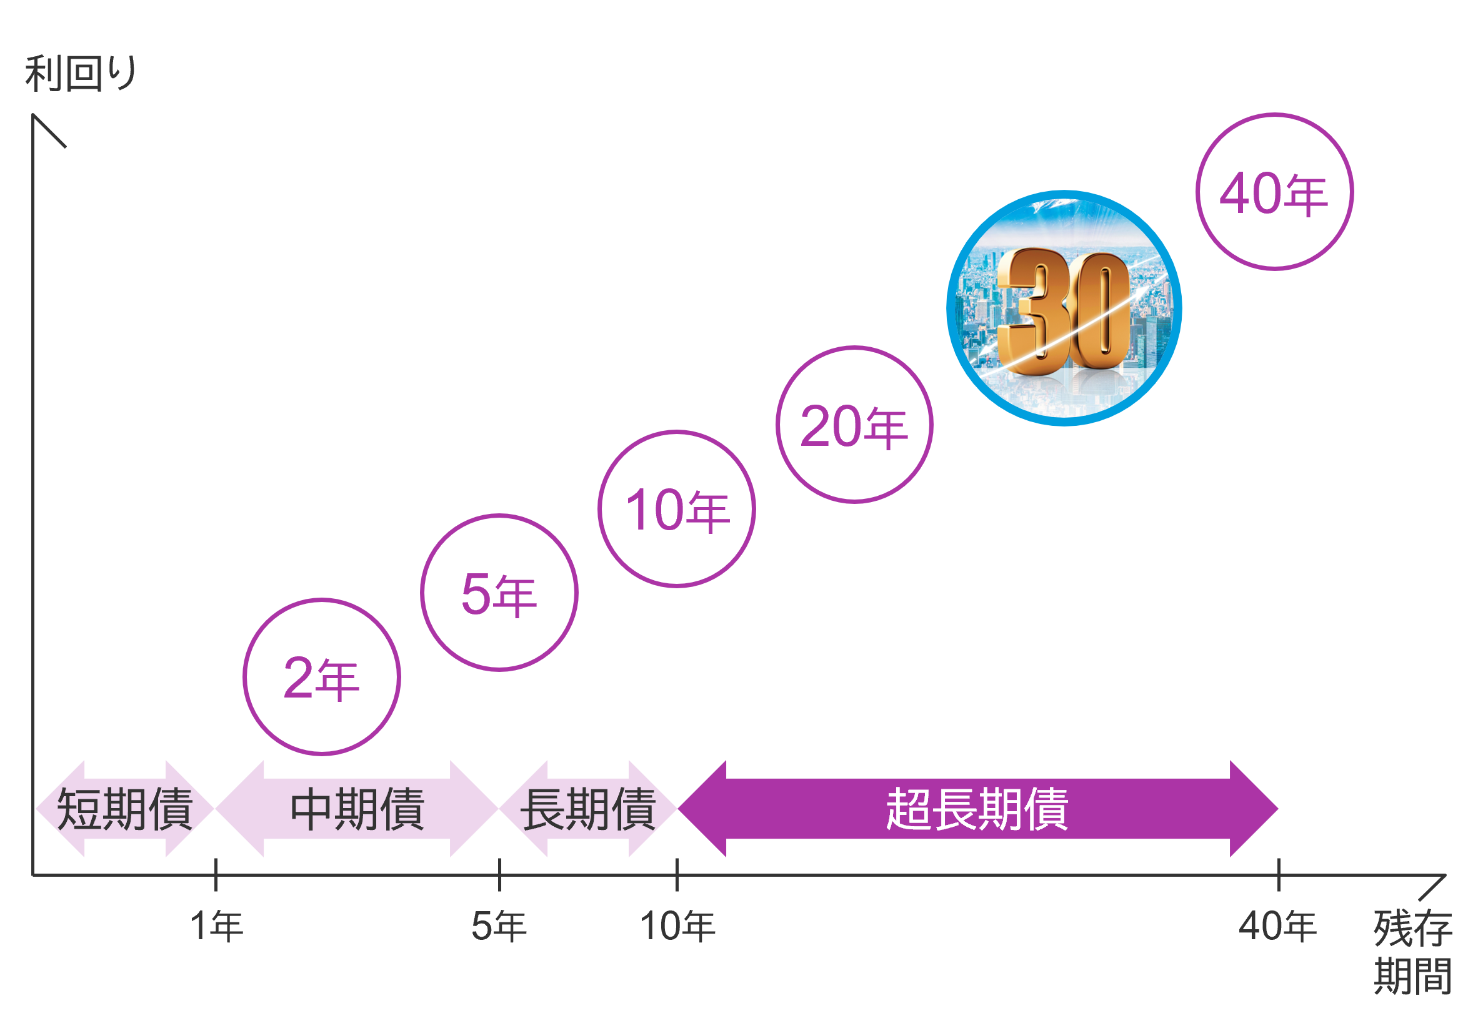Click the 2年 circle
point(321,677)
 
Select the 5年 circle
point(499,593)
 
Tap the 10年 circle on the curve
point(677,508)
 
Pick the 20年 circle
point(854,425)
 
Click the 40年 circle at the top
point(1274,192)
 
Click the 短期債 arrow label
point(124,809)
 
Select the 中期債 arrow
point(357,809)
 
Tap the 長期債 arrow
point(587,809)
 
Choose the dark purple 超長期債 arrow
point(977,809)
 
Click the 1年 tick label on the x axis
point(216,925)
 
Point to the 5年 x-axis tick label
point(499,925)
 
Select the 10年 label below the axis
point(677,925)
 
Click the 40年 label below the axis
point(1277,925)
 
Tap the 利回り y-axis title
point(81,74)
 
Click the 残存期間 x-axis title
point(1413,951)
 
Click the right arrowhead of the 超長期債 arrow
point(1255,809)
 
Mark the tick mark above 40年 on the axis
point(1279,874)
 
